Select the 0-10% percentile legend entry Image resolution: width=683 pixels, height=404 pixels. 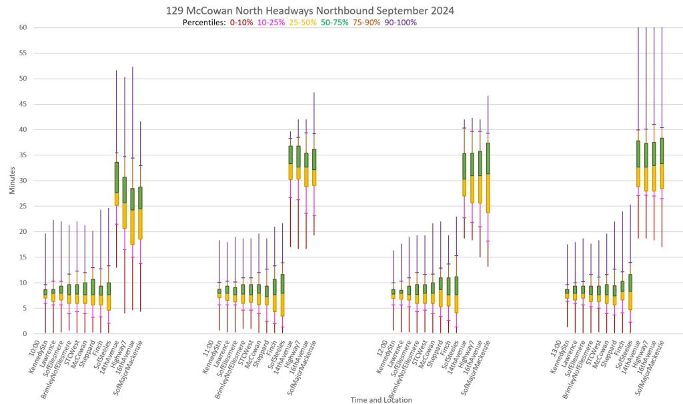point(241,23)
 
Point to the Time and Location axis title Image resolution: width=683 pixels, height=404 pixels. point(382,399)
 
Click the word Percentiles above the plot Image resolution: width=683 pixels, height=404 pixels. point(203,23)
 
